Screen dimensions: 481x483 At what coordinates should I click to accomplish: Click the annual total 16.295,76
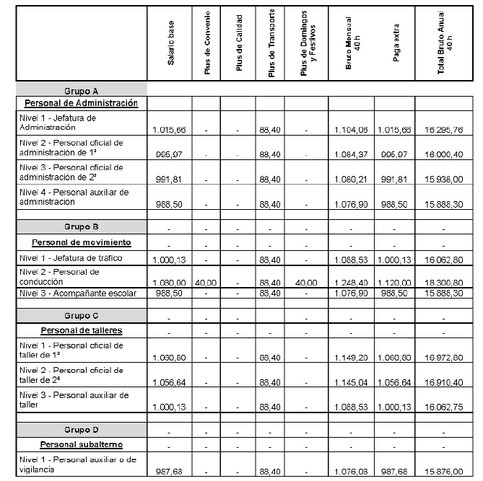pos(445,130)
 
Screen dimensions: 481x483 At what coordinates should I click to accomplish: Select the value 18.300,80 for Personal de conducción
pos(445,283)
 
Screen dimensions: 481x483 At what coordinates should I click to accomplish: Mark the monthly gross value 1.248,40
pos(352,283)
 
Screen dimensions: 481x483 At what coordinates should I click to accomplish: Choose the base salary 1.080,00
pos(171,283)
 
